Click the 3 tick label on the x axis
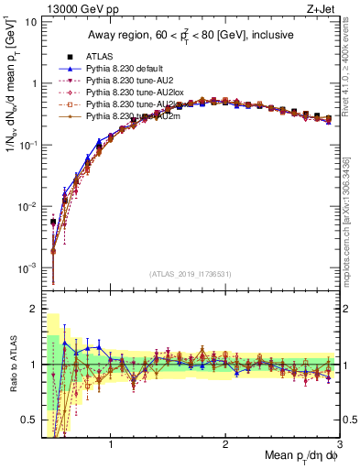point(339,446)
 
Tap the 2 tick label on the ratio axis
point(32,309)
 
